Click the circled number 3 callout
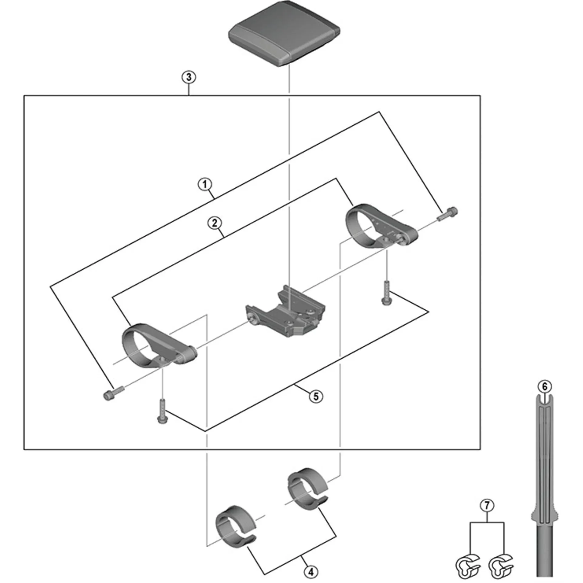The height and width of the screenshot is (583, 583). (189, 77)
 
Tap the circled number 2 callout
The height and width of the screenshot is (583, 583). (214, 223)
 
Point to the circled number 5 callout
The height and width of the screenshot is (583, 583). (316, 396)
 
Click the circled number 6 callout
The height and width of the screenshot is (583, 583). (544, 387)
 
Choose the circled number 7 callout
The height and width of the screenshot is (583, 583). (487, 506)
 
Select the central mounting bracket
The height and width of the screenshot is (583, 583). (285, 313)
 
